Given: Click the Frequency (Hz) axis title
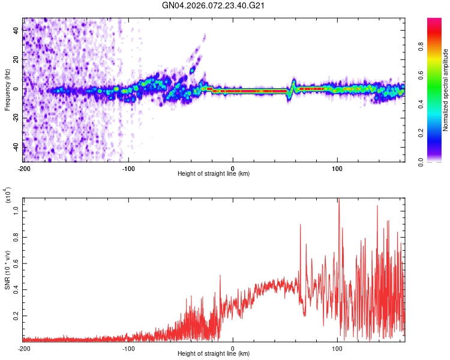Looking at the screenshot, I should pos(7,89).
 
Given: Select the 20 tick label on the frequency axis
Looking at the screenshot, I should pos(16,60).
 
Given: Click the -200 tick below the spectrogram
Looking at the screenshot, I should pos(24,167).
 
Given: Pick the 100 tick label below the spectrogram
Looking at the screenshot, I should pos(337,167).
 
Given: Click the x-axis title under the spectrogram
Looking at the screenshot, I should pos(214,174).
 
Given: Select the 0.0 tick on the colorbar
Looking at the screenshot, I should pos(438,161).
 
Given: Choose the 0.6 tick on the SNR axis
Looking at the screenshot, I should pos(17,263).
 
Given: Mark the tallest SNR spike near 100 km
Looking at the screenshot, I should pos(339,200).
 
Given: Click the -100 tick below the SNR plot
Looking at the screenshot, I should pos(128,348).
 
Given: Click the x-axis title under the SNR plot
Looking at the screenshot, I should pos(214,355).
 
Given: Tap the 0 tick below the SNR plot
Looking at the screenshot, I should pos(233,348).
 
